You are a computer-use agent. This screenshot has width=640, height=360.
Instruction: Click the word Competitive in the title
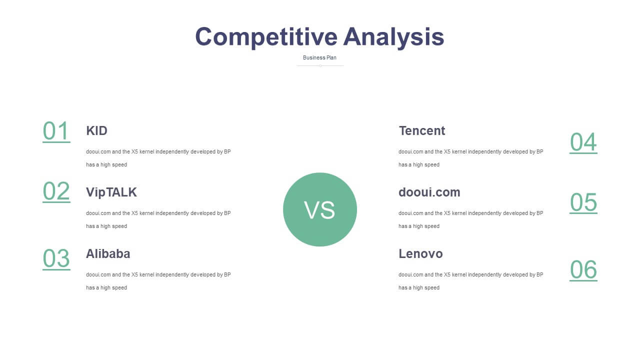coord(266,37)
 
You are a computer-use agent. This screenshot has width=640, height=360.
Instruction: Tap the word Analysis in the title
coord(393,37)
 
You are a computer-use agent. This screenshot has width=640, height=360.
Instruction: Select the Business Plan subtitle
coord(319,57)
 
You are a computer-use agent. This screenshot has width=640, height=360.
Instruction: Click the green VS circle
coord(320,209)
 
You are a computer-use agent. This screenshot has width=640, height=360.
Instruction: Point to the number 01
coord(56,131)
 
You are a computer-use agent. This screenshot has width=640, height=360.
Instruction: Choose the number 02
coord(56,191)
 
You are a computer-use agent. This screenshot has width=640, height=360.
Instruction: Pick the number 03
coord(56,259)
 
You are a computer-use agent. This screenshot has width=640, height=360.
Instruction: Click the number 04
coord(583,142)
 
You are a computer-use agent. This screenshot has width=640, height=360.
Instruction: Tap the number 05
coord(583,203)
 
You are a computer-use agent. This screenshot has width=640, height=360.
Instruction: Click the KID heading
coord(97,131)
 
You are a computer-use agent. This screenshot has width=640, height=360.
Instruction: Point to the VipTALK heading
coord(111,192)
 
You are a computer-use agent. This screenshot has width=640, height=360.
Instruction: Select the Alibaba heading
coord(108,253)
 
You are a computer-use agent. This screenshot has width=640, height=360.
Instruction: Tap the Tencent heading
coord(422,131)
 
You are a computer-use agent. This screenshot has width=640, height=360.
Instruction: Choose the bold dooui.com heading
coord(429,192)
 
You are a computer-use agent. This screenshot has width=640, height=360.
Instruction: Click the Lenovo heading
coord(420,253)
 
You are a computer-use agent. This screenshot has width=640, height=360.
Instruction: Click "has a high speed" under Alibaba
coord(106,287)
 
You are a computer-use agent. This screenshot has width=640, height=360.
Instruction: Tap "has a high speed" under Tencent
coord(419,165)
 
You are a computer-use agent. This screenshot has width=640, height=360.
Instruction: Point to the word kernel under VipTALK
coord(147,213)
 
